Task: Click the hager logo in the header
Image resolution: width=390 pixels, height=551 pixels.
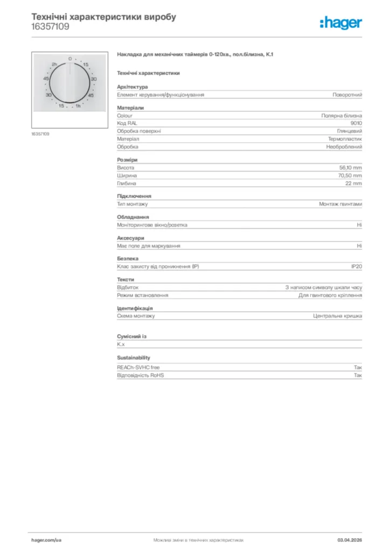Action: [x=340, y=22]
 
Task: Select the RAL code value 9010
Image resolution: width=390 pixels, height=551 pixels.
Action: [x=356, y=123]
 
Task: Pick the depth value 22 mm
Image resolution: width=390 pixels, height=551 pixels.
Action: [x=354, y=183]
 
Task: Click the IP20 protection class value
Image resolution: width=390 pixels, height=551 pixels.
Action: [x=357, y=267]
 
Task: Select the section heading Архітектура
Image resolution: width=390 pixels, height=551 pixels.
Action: [x=133, y=87]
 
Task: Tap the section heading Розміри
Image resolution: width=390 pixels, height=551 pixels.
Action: [x=127, y=160]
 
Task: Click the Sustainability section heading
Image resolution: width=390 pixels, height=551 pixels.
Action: [x=134, y=357]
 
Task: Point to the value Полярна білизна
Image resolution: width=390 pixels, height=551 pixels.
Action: [x=342, y=115]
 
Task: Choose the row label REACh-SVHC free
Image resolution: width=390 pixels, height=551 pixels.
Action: [x=138, y=367]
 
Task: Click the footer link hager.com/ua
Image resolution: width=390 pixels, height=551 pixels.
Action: [x=47, y=539]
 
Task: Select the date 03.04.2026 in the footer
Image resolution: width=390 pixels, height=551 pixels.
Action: [x=350, y=539]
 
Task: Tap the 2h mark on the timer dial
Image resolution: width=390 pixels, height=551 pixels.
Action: [x=54, y=65]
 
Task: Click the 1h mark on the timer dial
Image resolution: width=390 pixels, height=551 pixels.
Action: [x=78, y=106]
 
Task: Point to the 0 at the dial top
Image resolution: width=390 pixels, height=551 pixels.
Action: [x=70, y=58]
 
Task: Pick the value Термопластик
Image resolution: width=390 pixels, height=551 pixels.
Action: [x=345, y=139]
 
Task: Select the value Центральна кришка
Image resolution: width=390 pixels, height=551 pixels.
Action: [x=338, y=316]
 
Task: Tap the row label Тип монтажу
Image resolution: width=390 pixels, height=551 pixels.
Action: [x=133, y=204]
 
